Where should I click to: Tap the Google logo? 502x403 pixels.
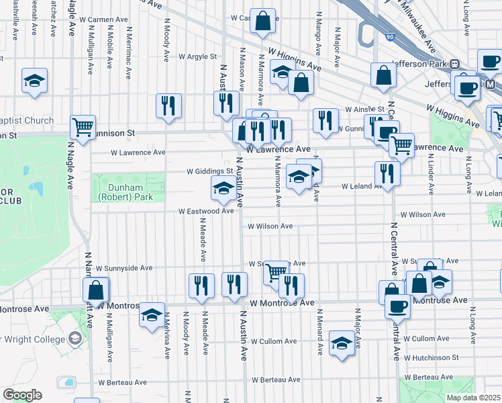pos(22,395)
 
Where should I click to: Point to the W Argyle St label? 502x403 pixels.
pos(193,57)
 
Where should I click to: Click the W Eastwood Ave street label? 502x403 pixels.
pos(206,211)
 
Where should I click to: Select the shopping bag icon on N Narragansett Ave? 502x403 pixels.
pos(96,289)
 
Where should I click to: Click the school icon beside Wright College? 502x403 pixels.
pos(152,314)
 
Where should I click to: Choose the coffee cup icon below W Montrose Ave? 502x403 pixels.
pos(397,306)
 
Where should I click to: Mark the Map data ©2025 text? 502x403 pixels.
pos(473,398)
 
